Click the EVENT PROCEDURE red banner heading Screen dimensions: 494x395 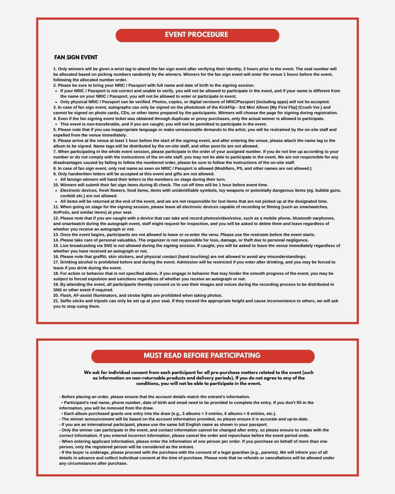(x=197, y=35)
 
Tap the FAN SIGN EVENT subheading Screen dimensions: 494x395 (x=76, y=57)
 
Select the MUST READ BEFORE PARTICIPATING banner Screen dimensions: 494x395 (x=202, y=356)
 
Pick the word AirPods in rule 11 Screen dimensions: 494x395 (x=61, y=213)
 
